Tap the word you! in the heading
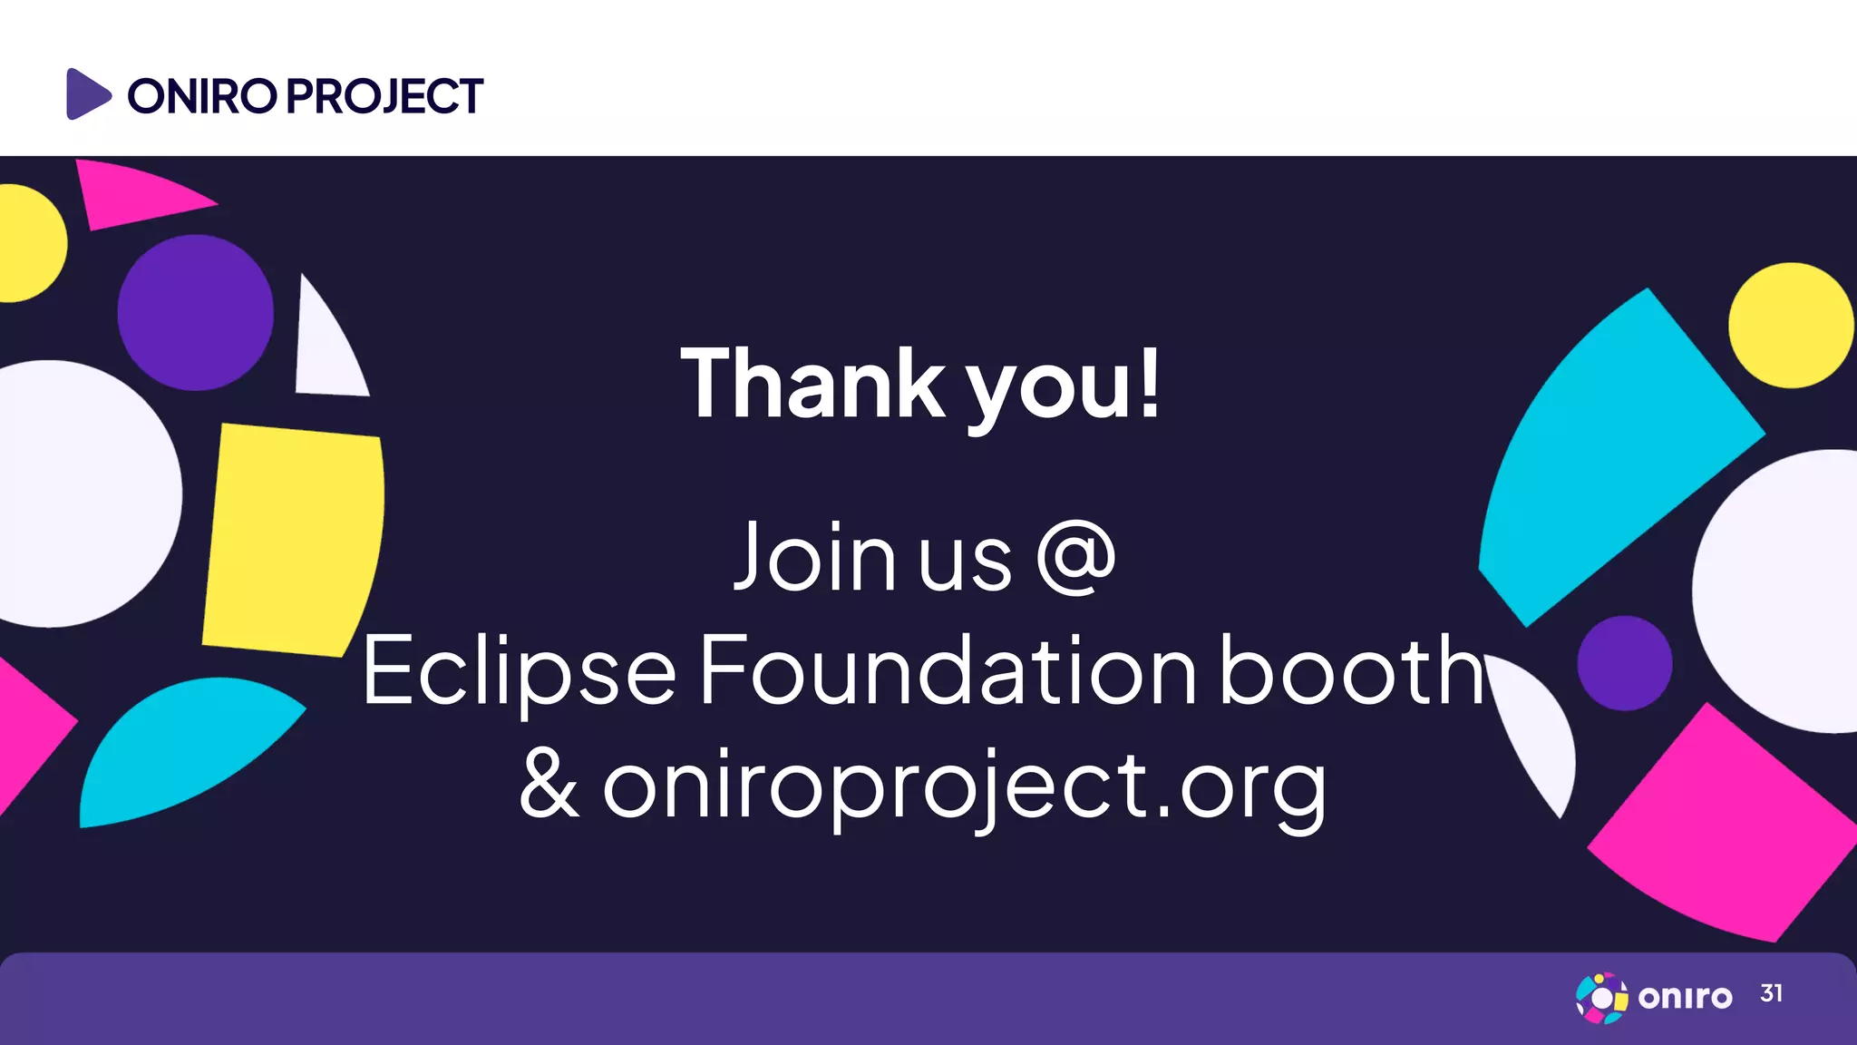pos(1062,388)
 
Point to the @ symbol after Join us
pos(1075,557)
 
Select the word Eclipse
pos(520,671)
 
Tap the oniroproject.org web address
pos(964,786)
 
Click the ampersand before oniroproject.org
pos(549,786)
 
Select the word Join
pos(814,556)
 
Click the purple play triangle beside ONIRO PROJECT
pos(86,93)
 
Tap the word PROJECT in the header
pos(385,96)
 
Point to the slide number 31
pos(1771,994)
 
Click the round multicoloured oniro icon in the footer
pos(1601,997)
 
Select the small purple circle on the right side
pos(1624,663)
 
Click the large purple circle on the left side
pos(195,313)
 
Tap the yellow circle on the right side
pos(1790,326)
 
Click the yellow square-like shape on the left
pos(292,540)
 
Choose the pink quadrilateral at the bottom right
pos(1723,825)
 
